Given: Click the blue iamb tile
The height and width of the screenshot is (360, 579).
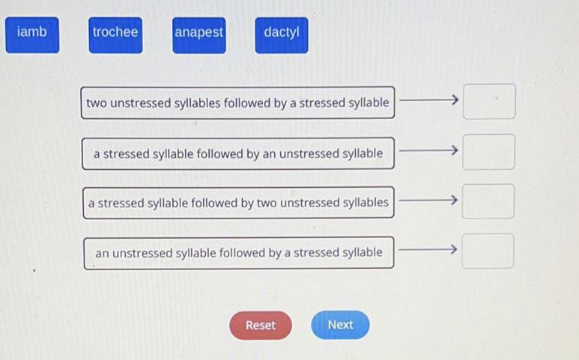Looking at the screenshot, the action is pos(32,35).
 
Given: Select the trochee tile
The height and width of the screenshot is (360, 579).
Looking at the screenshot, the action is pos(115,35).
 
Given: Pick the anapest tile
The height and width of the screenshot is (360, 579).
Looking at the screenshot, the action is pos(199,35).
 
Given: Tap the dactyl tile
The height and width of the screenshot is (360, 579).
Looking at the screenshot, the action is pos(282,35).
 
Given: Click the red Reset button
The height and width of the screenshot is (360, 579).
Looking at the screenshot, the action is pos(261,325).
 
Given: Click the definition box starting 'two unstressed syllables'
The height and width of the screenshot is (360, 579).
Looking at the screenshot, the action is pos(237,103).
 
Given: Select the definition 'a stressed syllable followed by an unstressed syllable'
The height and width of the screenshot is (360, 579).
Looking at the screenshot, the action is pos(238,153).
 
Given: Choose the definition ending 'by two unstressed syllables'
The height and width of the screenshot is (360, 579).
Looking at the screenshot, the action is pos(238,203).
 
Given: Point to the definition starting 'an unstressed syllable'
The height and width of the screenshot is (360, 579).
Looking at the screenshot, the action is pos(239,253).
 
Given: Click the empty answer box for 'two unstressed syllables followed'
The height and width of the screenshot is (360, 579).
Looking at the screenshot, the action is pos(489,102).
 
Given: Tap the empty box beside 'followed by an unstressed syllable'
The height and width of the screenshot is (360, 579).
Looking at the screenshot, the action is pos(489,152).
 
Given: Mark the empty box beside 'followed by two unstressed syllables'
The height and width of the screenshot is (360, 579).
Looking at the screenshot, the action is pos(488,201).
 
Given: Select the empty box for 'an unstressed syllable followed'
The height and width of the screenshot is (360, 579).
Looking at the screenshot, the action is pos(488,251).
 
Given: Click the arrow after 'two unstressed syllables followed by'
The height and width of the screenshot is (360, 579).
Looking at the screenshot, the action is pos(429,100).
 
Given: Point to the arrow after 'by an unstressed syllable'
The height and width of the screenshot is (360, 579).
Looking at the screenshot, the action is pos(428,150).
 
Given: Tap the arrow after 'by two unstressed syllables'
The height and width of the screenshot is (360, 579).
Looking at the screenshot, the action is pos(428,201).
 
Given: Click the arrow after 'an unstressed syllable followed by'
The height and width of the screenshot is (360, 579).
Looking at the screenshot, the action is pos(428,250).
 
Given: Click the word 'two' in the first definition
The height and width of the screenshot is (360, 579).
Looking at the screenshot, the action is pos(97,103).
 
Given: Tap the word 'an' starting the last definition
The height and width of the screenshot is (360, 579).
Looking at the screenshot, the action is pos(103,254).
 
